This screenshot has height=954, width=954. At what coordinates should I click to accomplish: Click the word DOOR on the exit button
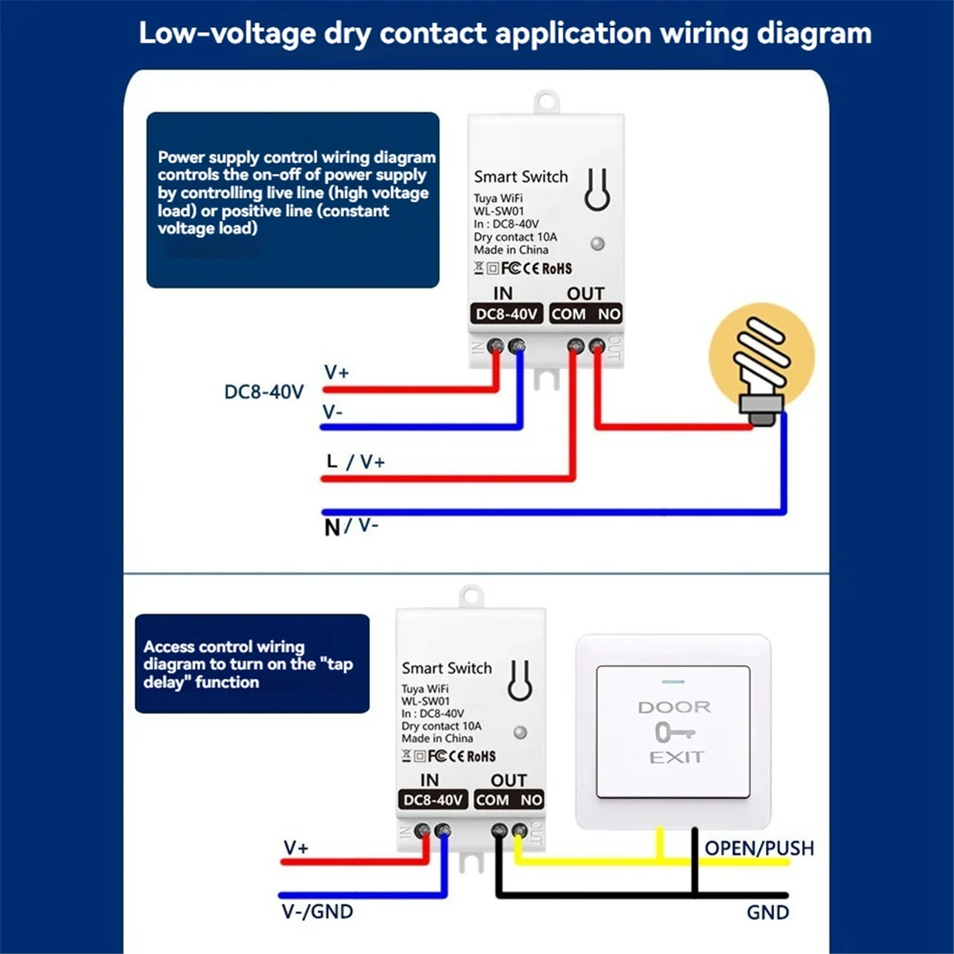tap(674, 707)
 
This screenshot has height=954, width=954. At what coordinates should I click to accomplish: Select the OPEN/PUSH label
tap(759, 848)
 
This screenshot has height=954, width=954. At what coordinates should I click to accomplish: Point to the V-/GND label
tap(317, 911)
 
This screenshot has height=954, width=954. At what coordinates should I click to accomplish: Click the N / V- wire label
tap(351, 525)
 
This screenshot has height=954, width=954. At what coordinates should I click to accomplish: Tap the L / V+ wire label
tap(355, 461)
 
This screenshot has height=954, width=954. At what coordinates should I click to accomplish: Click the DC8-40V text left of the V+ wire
tap(264, 392)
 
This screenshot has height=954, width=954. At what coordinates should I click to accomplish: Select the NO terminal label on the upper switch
tap(609, 314)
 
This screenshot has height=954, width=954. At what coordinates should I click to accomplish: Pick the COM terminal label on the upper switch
tap(568, 314)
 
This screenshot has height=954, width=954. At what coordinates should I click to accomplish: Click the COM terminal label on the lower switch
tap(492, 800)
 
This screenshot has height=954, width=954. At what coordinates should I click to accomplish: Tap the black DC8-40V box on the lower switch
tap(432, 800)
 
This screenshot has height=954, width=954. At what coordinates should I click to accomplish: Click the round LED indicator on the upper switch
tap(598, 243)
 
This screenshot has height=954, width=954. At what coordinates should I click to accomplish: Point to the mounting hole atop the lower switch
tap(471, 595)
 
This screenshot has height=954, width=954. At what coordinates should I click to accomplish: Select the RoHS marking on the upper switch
tap(556, 269)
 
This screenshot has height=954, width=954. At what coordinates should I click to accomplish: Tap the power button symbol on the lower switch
tap(520, 681)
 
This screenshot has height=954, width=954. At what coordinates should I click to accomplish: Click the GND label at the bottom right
tap(767, 912)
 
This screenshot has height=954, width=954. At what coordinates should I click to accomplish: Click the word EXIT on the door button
tap(677, 758)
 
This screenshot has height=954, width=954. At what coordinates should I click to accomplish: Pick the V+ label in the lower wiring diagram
tap(296, 848)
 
